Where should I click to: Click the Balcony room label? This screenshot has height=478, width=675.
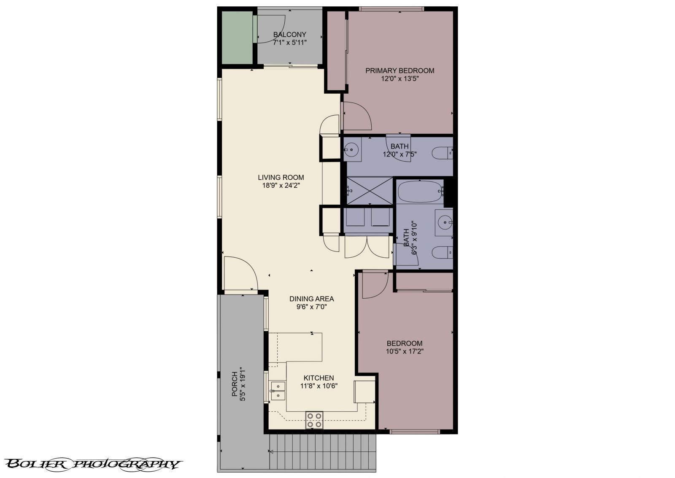point(289,35)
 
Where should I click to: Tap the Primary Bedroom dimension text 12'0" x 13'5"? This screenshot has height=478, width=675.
point(400,79)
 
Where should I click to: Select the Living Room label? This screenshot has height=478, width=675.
point(281,178)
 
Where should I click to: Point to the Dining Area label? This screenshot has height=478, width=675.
point(312,299)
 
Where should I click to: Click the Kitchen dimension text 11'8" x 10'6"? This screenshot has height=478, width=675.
point(319,386)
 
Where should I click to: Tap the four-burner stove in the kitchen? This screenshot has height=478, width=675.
point(314,420)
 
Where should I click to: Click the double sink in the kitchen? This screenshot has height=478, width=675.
point(278,391)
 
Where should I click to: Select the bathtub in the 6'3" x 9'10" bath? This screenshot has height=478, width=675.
point(420,192)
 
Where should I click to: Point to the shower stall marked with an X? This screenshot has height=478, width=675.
point(370,191)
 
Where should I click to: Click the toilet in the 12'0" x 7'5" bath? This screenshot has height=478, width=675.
point(443,153)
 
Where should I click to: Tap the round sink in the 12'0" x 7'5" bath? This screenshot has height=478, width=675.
point(351,149)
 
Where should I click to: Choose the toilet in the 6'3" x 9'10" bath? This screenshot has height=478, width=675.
point(443,252)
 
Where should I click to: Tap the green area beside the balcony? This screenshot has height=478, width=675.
point(237,38)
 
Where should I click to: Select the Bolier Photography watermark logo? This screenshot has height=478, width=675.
point(93,464)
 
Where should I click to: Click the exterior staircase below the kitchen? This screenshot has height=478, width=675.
point(323,453)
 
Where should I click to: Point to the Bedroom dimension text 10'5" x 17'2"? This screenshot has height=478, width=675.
point(405,351)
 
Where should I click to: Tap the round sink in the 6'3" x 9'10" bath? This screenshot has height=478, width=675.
point(445,223)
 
